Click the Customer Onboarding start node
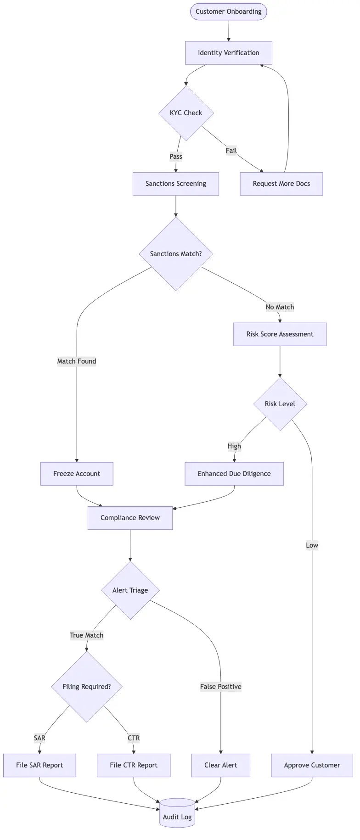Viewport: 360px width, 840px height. pyautogui.click(x=228, y=11)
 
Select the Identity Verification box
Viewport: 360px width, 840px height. pyautogui.click(x=228, y=53)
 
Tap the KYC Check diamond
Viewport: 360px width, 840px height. pyautogui.click(x=186, y=113)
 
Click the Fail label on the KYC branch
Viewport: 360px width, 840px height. pyautogui.click(x=231, y=151)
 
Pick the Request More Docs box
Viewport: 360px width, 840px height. pyautogui.click(x=281, y=184)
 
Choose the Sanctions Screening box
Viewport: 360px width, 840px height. pyautogui.click(x=175, y=184)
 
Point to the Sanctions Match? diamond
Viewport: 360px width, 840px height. pyautogui.click(x=176, y=254)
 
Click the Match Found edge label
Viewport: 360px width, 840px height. pyautogui.click(x=77, y=361)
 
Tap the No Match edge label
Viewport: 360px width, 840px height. pyautogui.click(x=280, y=307)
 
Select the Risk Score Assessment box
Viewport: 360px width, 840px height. pyautogui.click(x=280, y=334)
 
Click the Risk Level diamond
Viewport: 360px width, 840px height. pyautogui.click(x=280, y=404)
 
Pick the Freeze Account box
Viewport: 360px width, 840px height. pyautogui.click(x=77, y=474)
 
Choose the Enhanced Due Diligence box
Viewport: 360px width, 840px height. pyautogui.click(x=234, y=474)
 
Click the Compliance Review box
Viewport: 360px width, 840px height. pyautogui.click(x=130, y=518)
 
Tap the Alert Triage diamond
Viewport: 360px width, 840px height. pyautogui.click(x=130, y=590)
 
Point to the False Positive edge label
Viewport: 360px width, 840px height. pyautogui.click(x=220, y=687)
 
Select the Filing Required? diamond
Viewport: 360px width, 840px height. pyautogui.click(x=87, y=687)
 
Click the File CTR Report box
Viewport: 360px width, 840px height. pyautogui.click(x=134, y=765)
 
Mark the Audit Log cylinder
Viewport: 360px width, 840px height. pyautogui.click(x=177, y=814)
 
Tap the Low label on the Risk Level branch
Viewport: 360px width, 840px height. pyautogui.click(x=312, y=545)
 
